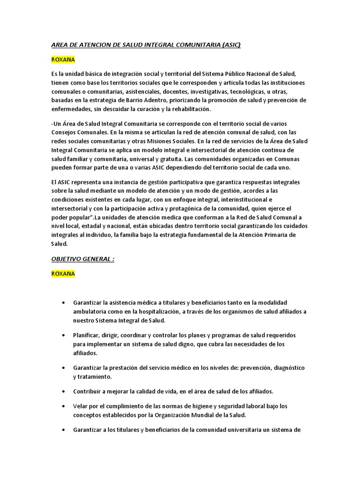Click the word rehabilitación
pos(189,109)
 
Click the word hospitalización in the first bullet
pos(165,312)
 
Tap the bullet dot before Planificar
pos(64,336)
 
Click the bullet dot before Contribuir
pos(64,391)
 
